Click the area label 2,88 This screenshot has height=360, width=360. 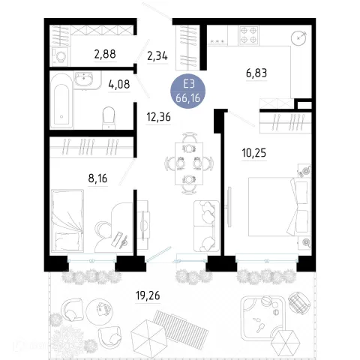click(x=105, y=54)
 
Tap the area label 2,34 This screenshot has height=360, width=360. click(x=157, y=56)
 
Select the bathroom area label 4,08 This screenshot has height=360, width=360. click(x=119, y=84)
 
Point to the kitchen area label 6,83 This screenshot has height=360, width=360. click(x=256, y=73)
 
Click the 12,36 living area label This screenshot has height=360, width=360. click(x=159, y=117)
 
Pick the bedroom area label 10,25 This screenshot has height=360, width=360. click(x=254, y=153)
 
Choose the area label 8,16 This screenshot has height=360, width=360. click(x=97, y=178)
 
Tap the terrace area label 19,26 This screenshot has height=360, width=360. click(x=148, y=295)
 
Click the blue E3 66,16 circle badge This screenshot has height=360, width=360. click(x=188, y=91)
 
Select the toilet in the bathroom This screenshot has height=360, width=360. click(x=109, y=118)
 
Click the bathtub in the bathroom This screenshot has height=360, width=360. click(x=61, y=100)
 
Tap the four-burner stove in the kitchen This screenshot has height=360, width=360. click(x=248, y=35)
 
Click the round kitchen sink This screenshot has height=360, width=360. click(x=298, y=38)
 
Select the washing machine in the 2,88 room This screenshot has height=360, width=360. click(x=61, y=57)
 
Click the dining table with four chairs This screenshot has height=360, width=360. click(x=189, y=163)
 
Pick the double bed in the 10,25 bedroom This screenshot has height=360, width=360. click(x=280, y=206)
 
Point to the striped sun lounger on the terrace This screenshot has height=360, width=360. click(x=181, y=325)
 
